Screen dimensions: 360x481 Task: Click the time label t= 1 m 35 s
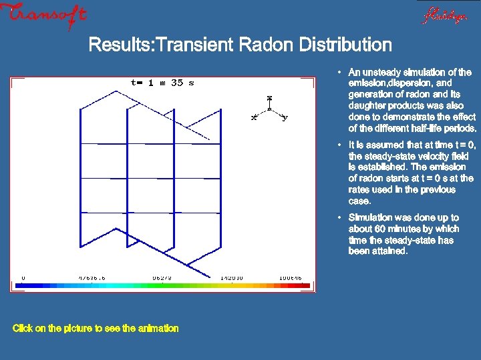(162, 83)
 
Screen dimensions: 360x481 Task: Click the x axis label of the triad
(253, 118)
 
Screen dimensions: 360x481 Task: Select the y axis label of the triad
(285, 118)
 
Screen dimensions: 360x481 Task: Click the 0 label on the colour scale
(23, 277)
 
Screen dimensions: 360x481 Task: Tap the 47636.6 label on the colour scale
(92, 277)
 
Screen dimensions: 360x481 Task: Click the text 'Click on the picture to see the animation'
(96, 328)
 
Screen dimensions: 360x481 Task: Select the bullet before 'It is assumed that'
(339, 145)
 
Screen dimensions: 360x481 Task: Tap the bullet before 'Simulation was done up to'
(339, 217)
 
